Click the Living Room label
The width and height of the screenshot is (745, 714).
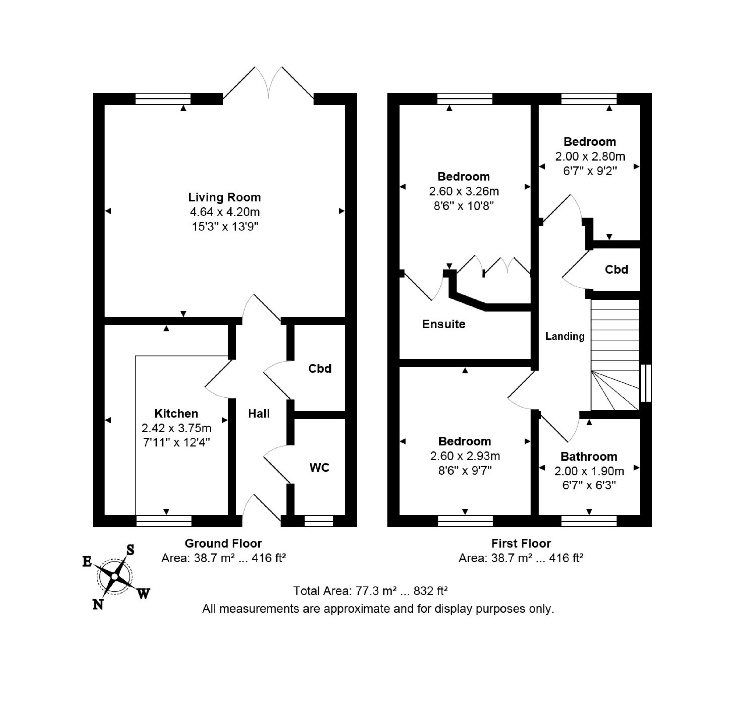(x=225, y=197)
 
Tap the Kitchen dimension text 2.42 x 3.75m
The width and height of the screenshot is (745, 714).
(x=176, y=428)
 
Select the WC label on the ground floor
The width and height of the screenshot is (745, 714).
(x=320, y=468)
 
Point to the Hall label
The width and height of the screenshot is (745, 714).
(x=259, y=414)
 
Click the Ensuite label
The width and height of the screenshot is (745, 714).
(x=444, y=324)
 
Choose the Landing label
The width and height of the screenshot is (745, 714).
(x=565, y=336)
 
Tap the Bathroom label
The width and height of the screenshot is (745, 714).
(x=589, y=457)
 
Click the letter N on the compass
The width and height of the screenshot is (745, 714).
(x=98, y=604)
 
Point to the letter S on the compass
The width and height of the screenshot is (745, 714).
(x=130, y=550)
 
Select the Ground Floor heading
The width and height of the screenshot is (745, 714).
(x=224, y=543)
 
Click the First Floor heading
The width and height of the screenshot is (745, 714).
(x=521, y=543)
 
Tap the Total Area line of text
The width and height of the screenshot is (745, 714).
(x=370, y=591)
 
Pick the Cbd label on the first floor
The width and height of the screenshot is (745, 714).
(x=617, y=270)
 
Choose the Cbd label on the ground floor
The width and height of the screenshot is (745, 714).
(x=320, y=369)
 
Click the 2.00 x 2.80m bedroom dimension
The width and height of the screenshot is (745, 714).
(x=590, y=156)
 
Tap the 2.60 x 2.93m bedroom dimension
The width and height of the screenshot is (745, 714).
(x=465, y=456)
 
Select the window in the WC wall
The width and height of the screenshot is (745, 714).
(x=319, y=521)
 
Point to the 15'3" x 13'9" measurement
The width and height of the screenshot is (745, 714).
(x=225, y=227)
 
